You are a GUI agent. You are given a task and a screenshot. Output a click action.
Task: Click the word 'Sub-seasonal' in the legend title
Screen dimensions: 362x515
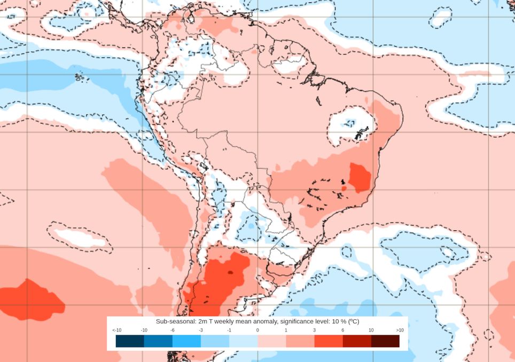coord(174,321)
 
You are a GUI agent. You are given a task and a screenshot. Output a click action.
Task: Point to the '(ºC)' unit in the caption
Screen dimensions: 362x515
coord(353,321)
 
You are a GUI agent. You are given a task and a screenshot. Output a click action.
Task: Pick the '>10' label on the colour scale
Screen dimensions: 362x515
coord(400,330)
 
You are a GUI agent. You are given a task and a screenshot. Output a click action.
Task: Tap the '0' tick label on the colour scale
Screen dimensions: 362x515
coord(257,330)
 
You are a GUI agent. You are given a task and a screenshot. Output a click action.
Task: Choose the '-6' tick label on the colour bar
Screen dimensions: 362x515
coord(173,330)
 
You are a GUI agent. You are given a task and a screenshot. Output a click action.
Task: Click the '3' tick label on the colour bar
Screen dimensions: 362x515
coord(314,330)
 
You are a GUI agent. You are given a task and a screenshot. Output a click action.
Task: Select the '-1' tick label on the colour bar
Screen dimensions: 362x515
coord(229,330)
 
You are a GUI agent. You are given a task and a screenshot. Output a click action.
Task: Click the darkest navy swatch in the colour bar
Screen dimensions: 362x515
coord(130,341)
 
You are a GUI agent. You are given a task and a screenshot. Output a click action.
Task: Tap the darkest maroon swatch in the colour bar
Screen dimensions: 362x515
coord(385,341)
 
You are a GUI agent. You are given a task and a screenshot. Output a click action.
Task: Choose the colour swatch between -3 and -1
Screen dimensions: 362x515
coord(215,341)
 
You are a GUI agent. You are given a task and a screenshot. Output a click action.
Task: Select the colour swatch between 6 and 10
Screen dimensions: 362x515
coord(357,341)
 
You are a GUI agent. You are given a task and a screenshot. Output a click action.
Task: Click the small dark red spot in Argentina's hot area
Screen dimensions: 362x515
coord(230,272)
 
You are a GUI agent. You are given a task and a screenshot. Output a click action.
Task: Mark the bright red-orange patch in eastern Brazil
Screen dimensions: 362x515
coord(359,177)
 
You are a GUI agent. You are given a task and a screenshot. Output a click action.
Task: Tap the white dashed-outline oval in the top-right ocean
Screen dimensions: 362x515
coord(440,18)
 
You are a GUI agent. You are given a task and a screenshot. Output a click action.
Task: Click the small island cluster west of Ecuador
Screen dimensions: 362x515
coord(81,77)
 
